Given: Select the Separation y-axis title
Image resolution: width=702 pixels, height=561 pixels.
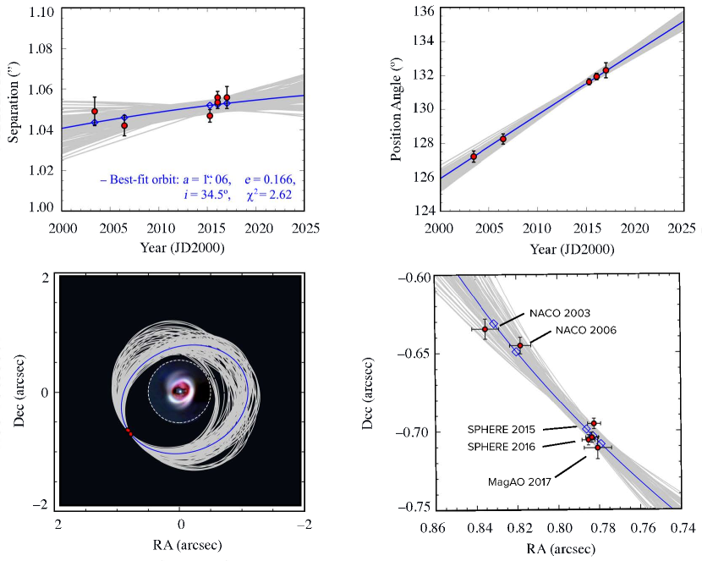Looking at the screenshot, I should [x=14, y=107].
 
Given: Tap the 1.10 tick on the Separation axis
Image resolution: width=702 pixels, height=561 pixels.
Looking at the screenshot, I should [x=41, y=12].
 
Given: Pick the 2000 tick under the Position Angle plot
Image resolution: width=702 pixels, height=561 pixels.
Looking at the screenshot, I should [x=438, y=228].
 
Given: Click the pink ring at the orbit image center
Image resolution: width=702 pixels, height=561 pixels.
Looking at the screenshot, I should [x=179, y=390].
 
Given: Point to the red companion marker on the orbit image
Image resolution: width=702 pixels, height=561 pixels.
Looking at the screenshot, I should [x=129, y=432].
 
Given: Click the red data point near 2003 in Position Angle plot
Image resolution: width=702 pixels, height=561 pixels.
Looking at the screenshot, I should [x=474, y=157].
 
